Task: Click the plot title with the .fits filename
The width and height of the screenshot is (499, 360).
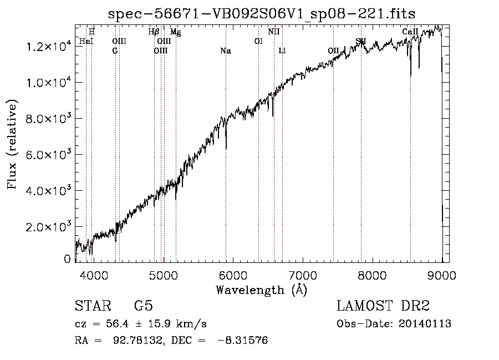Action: [262, 13]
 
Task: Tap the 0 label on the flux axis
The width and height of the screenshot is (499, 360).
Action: [68, 258]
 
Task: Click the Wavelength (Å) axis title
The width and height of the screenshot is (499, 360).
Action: [261, 290]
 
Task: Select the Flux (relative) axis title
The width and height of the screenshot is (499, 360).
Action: [12, 145]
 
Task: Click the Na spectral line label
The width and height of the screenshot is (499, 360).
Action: [226, 51]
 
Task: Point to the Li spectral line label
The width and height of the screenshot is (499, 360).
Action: [282, 51]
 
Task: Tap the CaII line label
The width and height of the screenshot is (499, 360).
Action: [410, 32]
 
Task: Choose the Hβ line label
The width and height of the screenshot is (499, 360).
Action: [154, 32]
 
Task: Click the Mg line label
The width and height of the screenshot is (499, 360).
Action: [175, 32]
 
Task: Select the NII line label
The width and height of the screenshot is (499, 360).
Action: [274, 32]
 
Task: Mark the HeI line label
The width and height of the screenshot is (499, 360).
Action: [86, 41]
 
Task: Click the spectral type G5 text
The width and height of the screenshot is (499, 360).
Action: [144, 307]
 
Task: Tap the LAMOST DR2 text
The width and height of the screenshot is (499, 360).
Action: [383, 307]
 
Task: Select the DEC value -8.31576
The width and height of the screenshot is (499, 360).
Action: [245, 341]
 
